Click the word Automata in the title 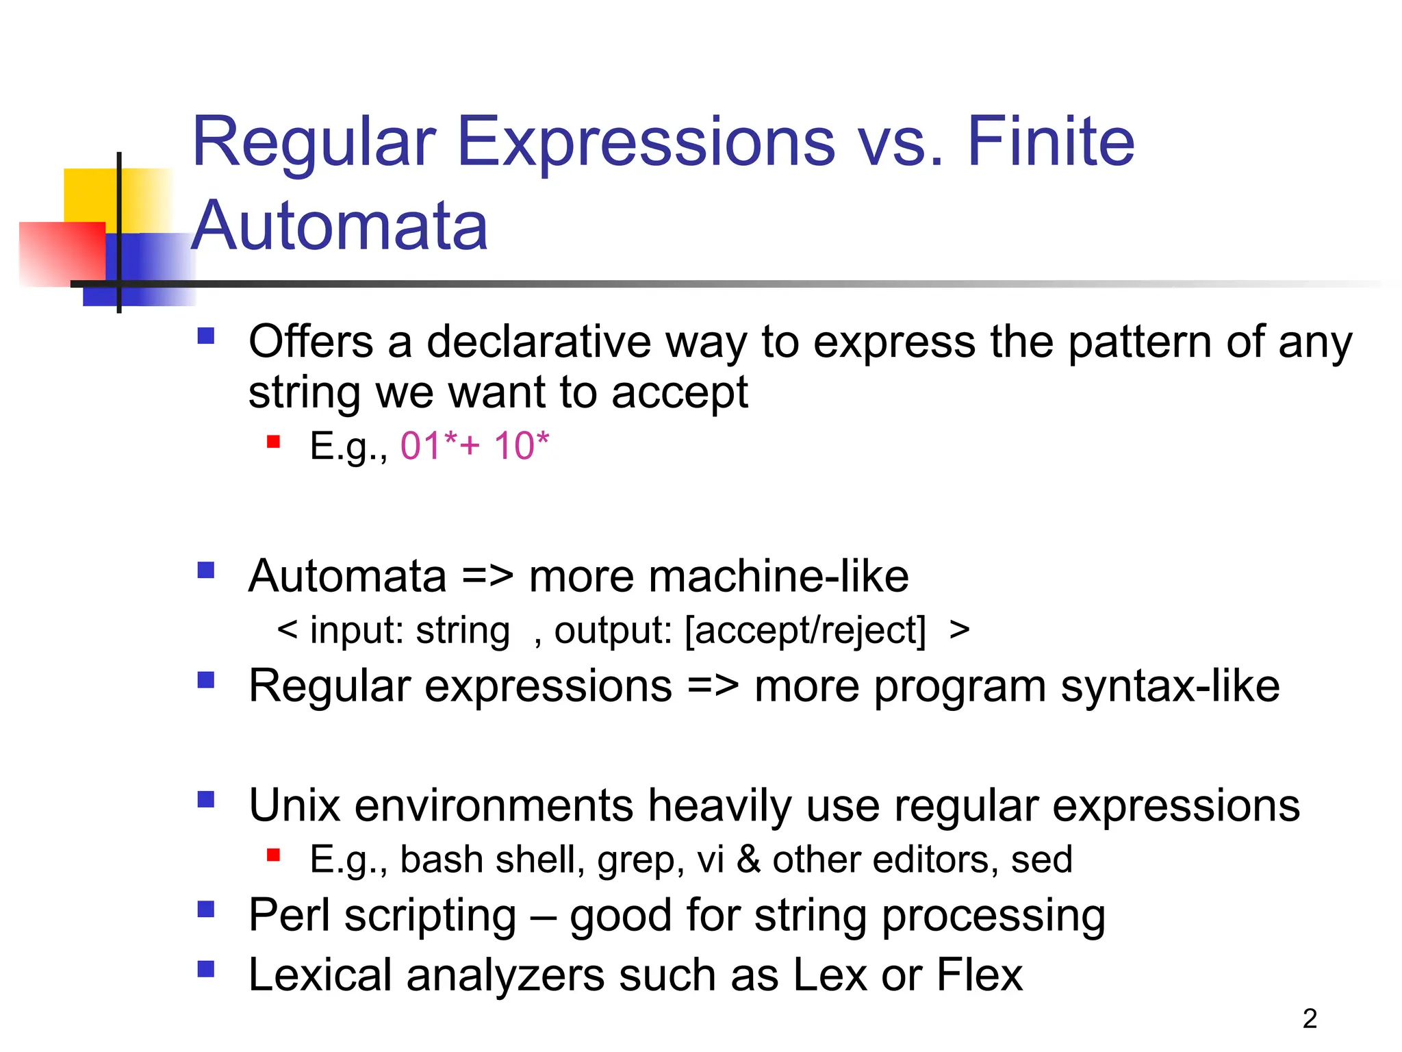[x=340, y=226]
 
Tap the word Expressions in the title [x=646, y=142]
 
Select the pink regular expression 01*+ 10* [x=474, y=446]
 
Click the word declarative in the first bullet [x=539, y=342]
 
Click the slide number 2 [x=1310, y=1018]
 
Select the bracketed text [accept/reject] [x=805, y=630]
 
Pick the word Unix [x=294, y=805]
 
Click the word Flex [x=979, y=975]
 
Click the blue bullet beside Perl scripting [x=205, y=909]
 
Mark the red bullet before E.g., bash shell [x=274, y=854]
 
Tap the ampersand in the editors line [x=748, y=860]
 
